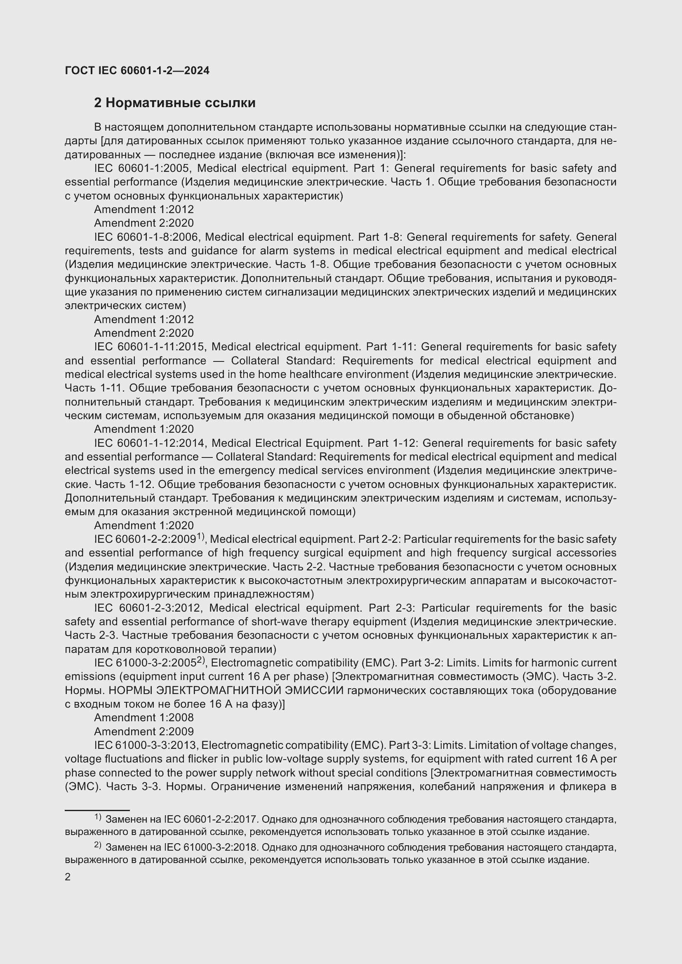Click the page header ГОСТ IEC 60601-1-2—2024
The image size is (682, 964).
(137, 70)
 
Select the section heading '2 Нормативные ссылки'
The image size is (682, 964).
(175, 103)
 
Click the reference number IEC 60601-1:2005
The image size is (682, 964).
(142, 169)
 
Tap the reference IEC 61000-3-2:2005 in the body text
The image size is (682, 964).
(145, 663)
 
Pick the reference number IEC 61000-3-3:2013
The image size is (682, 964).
(145, 745)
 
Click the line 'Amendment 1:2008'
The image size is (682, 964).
(143, 718)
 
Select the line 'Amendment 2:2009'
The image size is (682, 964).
(143, 732)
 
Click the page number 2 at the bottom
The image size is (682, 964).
(68, 877)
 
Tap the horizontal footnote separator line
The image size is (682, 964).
(97, 810)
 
